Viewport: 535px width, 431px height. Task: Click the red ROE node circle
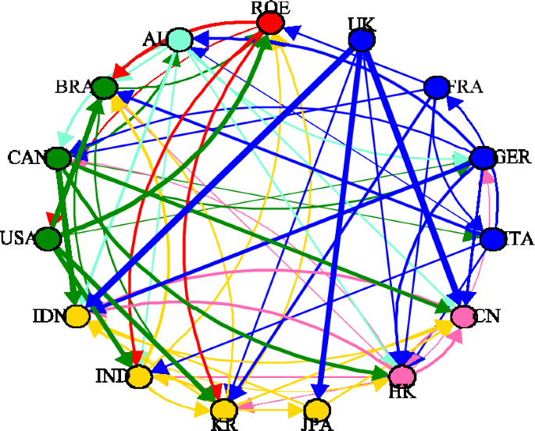[x=270, y=23]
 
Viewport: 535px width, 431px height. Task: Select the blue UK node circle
[x=361, y=40]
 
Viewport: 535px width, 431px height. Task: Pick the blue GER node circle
[x=483, y=159]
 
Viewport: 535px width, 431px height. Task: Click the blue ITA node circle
[x=493, y=239]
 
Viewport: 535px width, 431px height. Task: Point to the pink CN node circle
[x=463, y=317]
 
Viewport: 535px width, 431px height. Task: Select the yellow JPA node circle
[x=317, y=410]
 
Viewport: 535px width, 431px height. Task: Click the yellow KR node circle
[x=223, y=410]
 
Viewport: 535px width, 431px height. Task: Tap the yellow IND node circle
[x=139, y=377]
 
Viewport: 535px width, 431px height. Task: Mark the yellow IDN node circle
[x=77, y=317]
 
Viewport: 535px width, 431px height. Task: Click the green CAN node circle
[x=57, y=159]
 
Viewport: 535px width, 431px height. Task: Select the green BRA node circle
[x=102, y=87]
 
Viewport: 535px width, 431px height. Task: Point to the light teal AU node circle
[x=179, y=38]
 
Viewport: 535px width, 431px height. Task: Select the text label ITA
[x=519, y=240]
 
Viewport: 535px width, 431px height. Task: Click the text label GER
[x=514, y=157]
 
